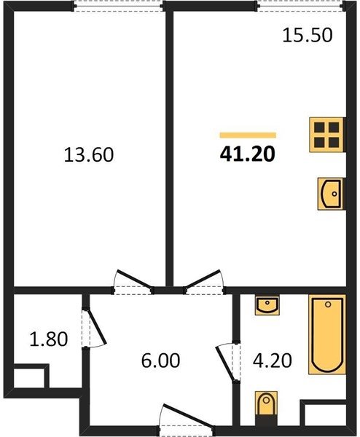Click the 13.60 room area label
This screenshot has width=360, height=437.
tap(89, 155)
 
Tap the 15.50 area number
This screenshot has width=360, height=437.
tap(308, 36)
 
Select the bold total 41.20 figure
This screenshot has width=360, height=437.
tap(248, 154)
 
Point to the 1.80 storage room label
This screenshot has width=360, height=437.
tap(49, 339)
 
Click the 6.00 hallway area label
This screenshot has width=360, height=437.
tap(160, 361)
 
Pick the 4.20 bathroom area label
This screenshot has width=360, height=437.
tap(273, 361)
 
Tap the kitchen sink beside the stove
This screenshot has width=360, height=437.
tap(332, 194)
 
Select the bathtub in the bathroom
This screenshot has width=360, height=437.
tap(327, 334)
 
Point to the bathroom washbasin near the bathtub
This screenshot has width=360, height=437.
tap(267, 306)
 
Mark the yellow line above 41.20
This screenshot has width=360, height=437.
tap(248, 135)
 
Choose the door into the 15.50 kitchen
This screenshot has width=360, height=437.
tap(204, 281)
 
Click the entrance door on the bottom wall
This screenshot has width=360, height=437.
tap(187, 417)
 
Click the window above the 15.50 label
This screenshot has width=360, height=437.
tap(300, 6)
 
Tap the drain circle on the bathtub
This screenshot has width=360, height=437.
tap(328, 304)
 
